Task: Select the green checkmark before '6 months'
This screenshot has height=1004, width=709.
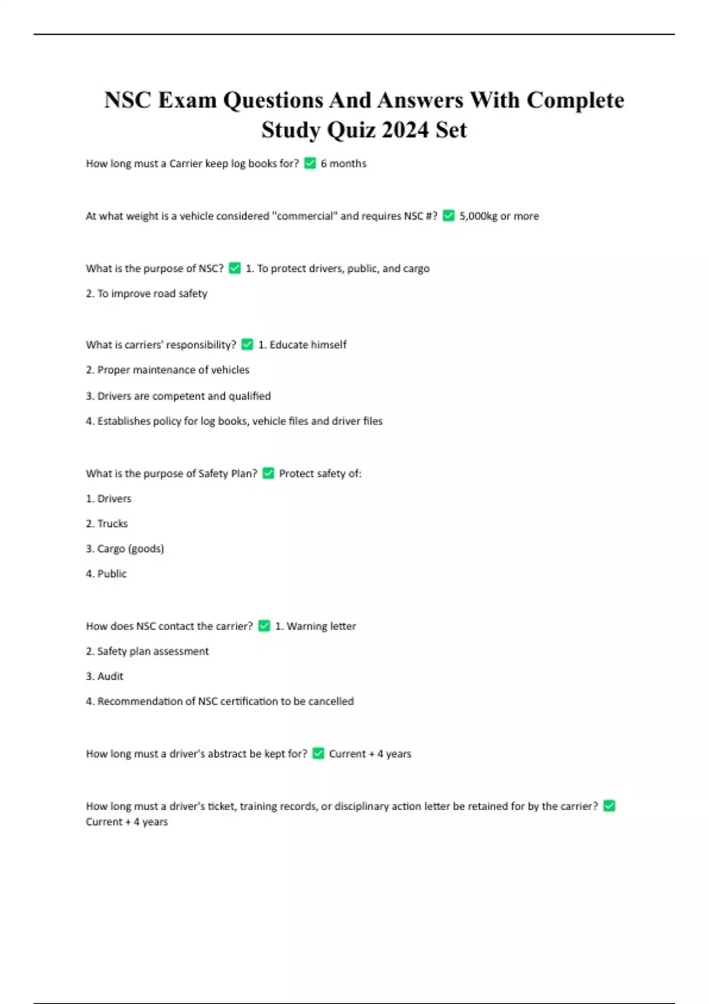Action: point(310,164)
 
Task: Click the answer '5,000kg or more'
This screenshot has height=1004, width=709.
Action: point(499,216)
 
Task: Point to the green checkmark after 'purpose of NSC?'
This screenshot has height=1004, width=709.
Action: point(235,269)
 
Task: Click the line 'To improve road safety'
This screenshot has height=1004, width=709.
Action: point(147,294)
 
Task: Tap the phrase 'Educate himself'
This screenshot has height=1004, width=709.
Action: point(308,345)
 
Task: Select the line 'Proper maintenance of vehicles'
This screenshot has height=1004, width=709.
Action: point(167,370)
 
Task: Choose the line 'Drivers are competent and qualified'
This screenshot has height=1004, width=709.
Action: point(178,396)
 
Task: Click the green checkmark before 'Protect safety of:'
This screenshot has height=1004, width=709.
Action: point(268,474)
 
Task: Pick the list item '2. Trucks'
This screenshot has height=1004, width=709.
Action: point(107,524)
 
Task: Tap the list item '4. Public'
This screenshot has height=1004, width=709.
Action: point(106,574)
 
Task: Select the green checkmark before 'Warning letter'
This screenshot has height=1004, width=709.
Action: point(264,626)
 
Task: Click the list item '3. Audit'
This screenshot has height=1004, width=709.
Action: point(105,677)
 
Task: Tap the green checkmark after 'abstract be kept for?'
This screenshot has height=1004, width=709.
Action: point(318,754)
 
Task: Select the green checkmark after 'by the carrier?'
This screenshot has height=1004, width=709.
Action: point(609,806)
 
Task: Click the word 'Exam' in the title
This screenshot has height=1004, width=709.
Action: point(188,100)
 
